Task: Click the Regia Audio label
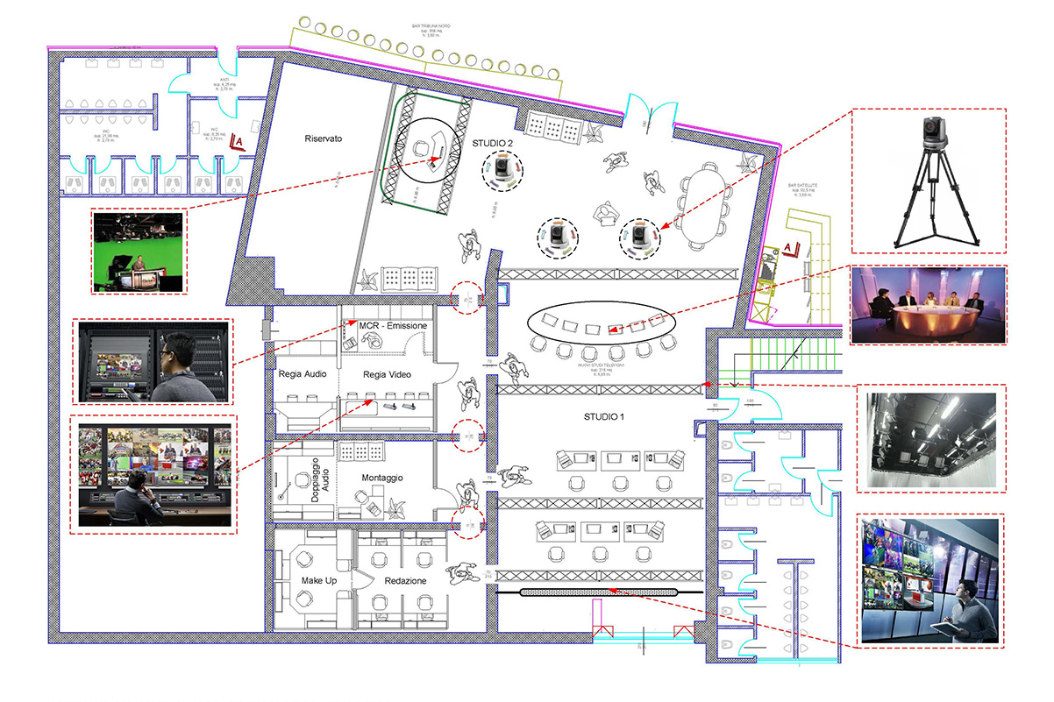(x=302, y=374)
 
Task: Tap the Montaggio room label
(x=381, y=479)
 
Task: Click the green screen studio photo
(x=138, y=252)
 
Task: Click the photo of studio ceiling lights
(x=928, y=439)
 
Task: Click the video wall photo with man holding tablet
(x=928, y=580)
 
